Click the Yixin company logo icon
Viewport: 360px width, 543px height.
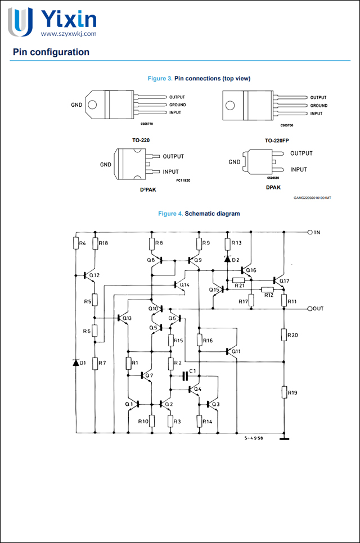tap(20, 22)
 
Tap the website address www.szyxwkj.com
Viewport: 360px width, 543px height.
tap(69, 34)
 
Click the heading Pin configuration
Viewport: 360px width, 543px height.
tap(51, 52)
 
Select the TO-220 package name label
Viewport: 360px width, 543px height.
tap(141, 139)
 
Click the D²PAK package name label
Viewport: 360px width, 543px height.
tap(148, 189)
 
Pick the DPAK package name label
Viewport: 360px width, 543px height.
tap(273, 187)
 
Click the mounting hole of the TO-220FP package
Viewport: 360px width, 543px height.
tap(230, 105)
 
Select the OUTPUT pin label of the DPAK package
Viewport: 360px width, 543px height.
tap(301, 153)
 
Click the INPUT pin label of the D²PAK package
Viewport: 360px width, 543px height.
tap(170, 172)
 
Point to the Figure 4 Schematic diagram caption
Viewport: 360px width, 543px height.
tap(199, 214)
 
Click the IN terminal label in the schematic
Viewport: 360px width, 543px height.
tap(317, 232)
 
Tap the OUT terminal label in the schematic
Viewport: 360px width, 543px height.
tap(318, 309)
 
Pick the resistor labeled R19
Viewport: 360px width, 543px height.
tap(284, 392)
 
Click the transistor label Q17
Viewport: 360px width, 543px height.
tap(284, 281)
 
